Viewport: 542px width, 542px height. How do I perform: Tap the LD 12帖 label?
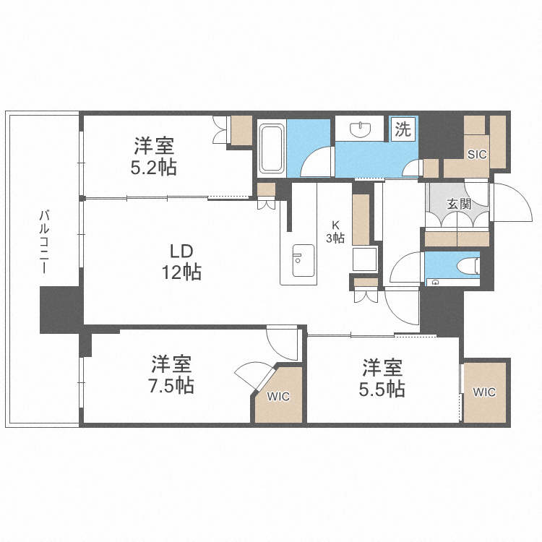tap(181, 262)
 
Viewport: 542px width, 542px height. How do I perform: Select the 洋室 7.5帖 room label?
tap(171, 374)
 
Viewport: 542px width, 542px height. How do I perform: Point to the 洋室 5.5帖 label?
tap(382, 378)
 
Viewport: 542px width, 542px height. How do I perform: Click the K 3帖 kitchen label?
tap(337, 231)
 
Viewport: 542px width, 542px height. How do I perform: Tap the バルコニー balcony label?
tap(44, 241)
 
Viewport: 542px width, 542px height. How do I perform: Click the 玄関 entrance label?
tap(459, 204)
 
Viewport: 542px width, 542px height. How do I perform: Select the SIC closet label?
tap(476, 154)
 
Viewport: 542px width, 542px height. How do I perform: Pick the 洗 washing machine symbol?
tap(403, 130)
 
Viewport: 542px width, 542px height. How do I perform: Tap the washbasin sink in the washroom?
tap(360, 130)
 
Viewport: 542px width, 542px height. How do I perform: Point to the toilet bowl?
tap(470, 265)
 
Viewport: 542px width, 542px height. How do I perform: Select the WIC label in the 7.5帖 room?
tap(278, 396)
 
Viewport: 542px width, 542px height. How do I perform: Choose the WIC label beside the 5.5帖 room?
tap(484, 392)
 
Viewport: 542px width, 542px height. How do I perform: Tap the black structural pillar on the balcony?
tap(59, 309)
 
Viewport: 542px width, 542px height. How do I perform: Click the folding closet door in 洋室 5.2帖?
tap(221, 130)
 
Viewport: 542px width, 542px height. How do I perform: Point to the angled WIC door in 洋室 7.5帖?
tap(253, 376)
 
